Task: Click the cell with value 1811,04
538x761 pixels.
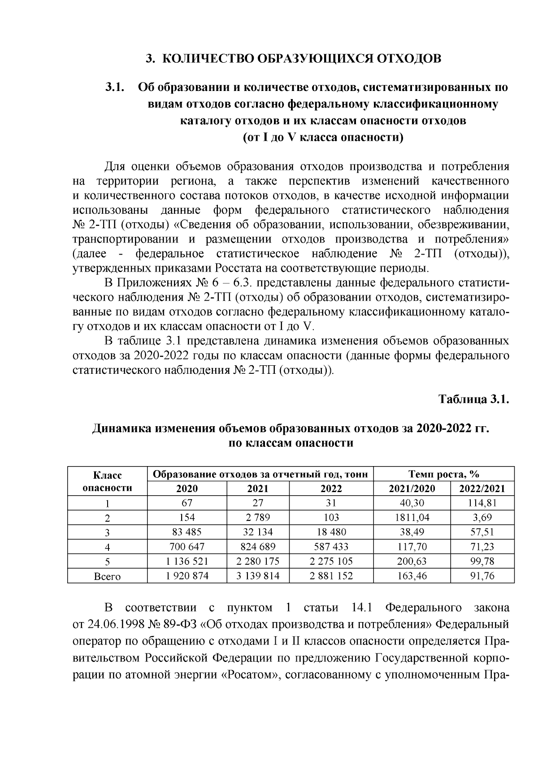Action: pos(412,518)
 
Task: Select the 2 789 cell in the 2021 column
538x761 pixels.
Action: pos(258,518)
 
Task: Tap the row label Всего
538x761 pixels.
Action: pos(107,576)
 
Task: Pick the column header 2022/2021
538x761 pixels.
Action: pos(482,489)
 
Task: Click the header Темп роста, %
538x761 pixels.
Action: pos(444,474)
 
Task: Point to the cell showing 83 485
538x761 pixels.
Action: pos(187,532)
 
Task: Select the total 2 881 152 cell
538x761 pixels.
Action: pos(331,576)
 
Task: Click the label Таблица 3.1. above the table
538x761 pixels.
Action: pos(473,399)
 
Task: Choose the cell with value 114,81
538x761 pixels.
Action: pos(482,503)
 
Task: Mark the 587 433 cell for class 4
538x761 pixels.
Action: pos(331,547)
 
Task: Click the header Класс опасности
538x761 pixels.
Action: pos(107,481)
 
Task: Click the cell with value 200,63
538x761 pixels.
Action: pos(412,561)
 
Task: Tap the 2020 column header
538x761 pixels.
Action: pos(187,489)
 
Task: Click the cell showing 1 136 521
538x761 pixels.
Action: pos(187,561)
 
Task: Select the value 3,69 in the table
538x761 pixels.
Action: pos(482,518)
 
